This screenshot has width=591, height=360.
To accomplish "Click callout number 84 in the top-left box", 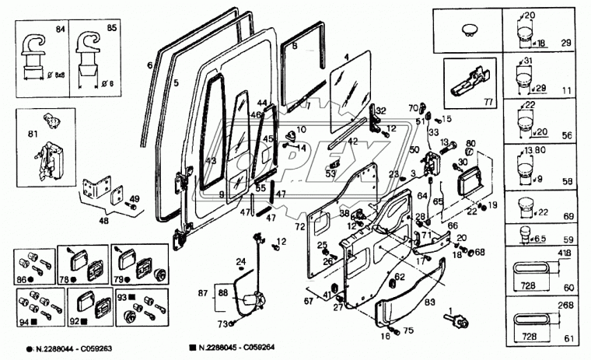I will [x=60, y=30].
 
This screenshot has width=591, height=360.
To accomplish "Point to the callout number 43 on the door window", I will [x=210, y=161].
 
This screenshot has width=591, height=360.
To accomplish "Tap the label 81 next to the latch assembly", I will [x=32, y=134].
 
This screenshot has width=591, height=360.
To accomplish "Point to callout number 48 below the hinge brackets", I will [x=104, y=220].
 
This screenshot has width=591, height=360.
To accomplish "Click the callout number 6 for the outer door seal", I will [x=149, y=67].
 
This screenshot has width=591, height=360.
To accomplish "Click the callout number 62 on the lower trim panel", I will [x=400, y=276].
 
